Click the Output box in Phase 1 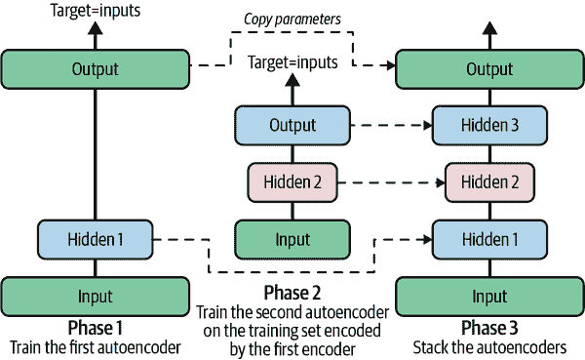(95, 69)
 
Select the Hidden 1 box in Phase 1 (95, 238)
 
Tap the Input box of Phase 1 (95, 296)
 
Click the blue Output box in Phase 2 (292, 125)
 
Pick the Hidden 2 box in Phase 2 (292, 181)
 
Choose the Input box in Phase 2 (292, 239)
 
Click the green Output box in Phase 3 (488, 69)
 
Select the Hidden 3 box (488, 125)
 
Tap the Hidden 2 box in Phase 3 (488, 181)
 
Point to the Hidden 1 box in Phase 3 (488, 239)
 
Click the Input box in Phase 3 (488, 296)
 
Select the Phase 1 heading (95, 327)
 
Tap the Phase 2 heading (292, 293)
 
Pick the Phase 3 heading (488, 327)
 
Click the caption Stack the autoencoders (488, 346)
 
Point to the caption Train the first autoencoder (95, 346)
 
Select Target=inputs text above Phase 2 (292, 61)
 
